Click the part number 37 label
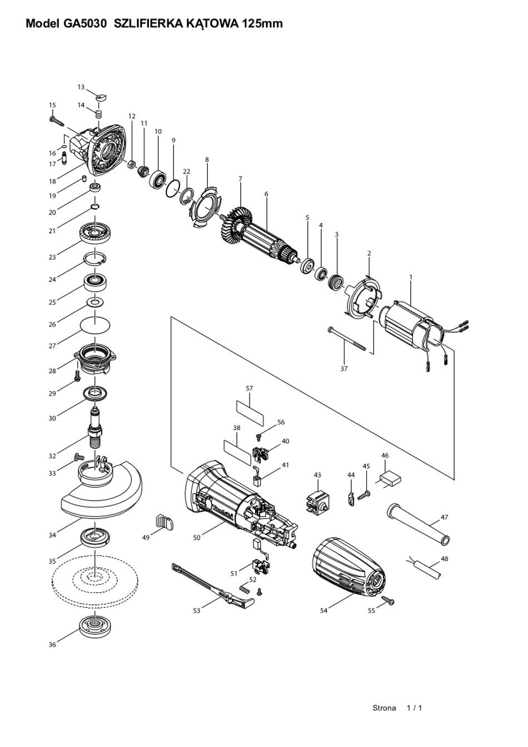[344, 368]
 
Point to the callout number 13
[81, 87]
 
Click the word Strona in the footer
[384, 708]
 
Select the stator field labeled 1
[410, 327]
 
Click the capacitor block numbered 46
[391, 479]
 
